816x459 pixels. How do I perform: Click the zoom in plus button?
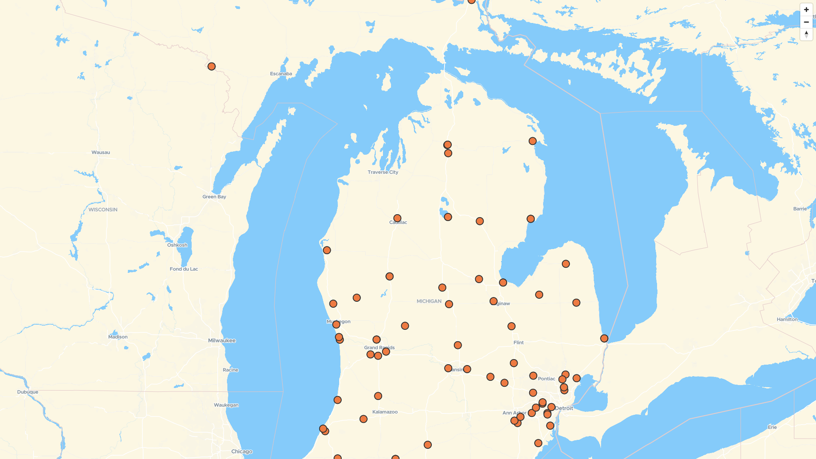[806, 10]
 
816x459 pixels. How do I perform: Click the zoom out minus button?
[806, 22]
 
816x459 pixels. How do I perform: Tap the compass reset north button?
[806, 34]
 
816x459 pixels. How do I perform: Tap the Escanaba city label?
[281, 74]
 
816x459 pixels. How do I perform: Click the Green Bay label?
[214, 197]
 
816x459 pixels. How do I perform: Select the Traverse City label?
[383, 172]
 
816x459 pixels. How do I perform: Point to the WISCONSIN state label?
[103, 210]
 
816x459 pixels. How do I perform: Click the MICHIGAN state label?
[429, 301]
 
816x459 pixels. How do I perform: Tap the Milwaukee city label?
[222, 340]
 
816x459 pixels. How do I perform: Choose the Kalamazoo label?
[385, 412]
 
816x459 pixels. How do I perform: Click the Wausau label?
[101, 152]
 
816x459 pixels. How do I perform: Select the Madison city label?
[118, 337]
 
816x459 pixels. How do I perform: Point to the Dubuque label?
[28, 392]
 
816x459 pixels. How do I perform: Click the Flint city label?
[518, 343]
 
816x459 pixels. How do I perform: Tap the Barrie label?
[800, 209]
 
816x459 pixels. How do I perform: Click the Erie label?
[772, 427]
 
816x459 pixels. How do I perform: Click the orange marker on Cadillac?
[397, 218]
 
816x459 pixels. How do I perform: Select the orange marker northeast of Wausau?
[212, 66]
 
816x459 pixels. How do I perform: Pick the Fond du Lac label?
[184, 269]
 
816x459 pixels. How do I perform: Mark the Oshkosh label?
[177, 245]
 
